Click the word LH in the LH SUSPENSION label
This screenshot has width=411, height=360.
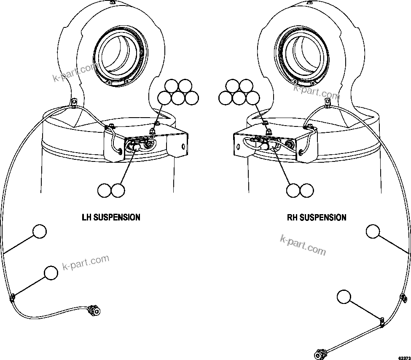tap(86, 218)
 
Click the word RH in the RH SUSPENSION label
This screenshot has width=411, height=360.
tap(293, 218)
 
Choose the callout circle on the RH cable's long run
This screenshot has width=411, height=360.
tap(373, 231)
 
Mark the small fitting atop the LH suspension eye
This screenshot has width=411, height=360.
tap(112, 3)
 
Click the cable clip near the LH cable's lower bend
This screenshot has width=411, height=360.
tap(12, 298)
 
